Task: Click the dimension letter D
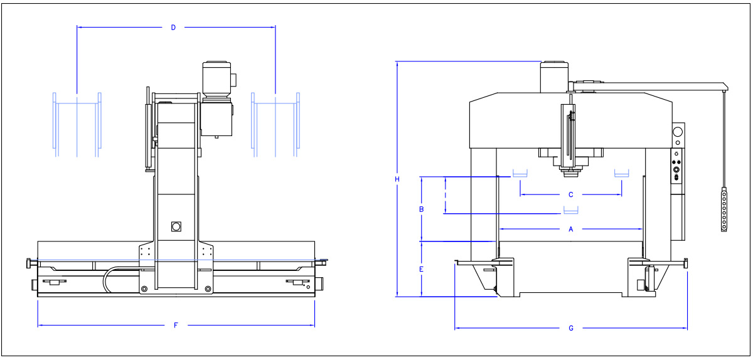[173, 27]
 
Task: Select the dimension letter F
[176, 325]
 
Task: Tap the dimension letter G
[570, 328]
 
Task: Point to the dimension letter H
[397, 179]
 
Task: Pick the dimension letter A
[570, 229]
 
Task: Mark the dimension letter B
[422, 209]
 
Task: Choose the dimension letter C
[570, 194]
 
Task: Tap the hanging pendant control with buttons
[724, 210]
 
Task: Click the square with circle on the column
[176, 226]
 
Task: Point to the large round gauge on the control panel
[677, 132]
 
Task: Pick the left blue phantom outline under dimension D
[77, 124]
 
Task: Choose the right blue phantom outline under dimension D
[275, 124]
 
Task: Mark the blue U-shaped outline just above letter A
[570, 210]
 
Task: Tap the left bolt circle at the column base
[144, 289]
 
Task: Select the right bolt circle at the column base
[207, 289]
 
